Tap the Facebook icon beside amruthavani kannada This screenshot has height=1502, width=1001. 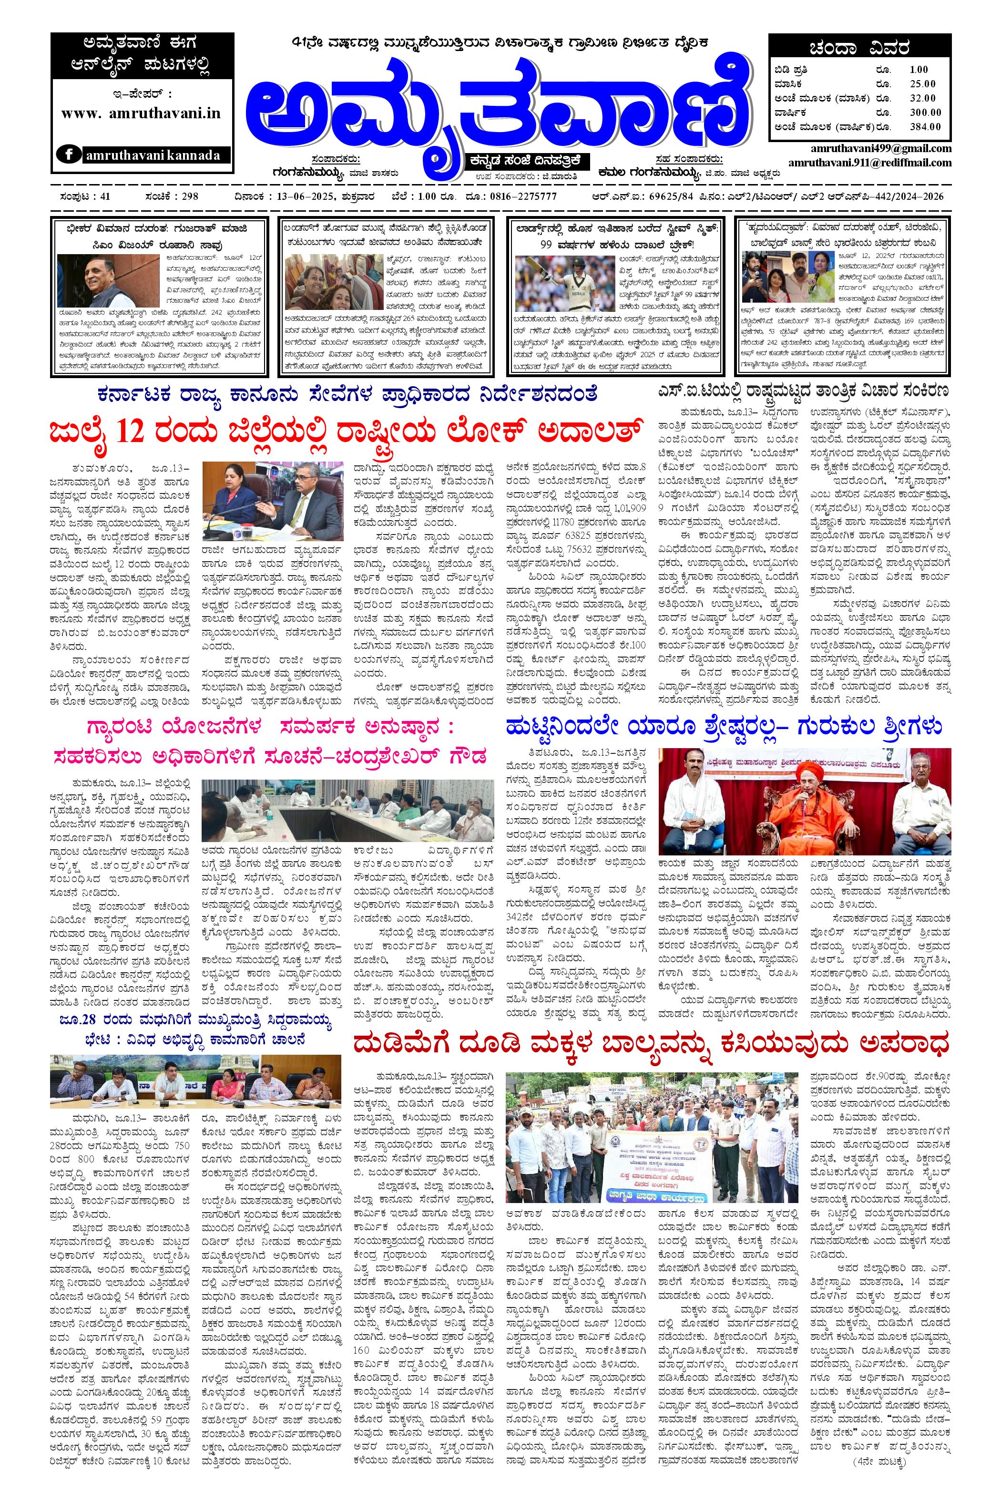coord(68,154)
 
